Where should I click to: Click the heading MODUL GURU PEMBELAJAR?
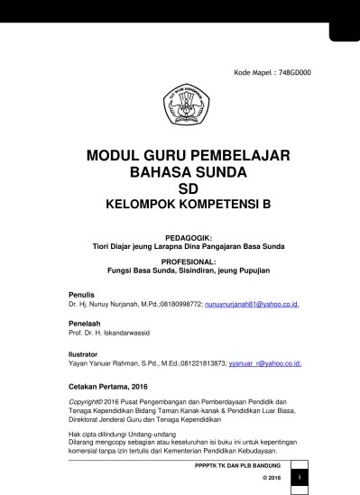(188, 155)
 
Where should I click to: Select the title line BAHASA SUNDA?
(188, 171)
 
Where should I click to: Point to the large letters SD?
(188, 188)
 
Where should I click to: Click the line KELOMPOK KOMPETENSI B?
(188, 205)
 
